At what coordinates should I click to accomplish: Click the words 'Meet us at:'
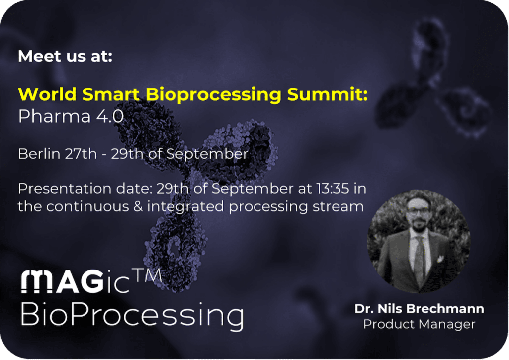[x=65, y=56]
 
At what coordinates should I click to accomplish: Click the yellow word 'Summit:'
[x=328, y=94]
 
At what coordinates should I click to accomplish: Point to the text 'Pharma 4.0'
[x=71, y=116]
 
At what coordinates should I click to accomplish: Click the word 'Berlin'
[x=39, y=154]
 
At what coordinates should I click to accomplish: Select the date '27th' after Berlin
[x=81, y=154]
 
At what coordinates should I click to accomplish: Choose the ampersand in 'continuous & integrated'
[x=138, y=206]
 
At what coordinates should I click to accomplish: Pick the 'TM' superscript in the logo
[x=148, y=275]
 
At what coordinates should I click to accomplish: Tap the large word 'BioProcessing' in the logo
[x=132, y=315]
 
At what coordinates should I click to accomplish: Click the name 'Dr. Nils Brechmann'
[x=419, y=309]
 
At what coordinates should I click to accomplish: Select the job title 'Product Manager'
[x=419, y=324]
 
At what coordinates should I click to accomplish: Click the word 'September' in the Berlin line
[x=207, y=154]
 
